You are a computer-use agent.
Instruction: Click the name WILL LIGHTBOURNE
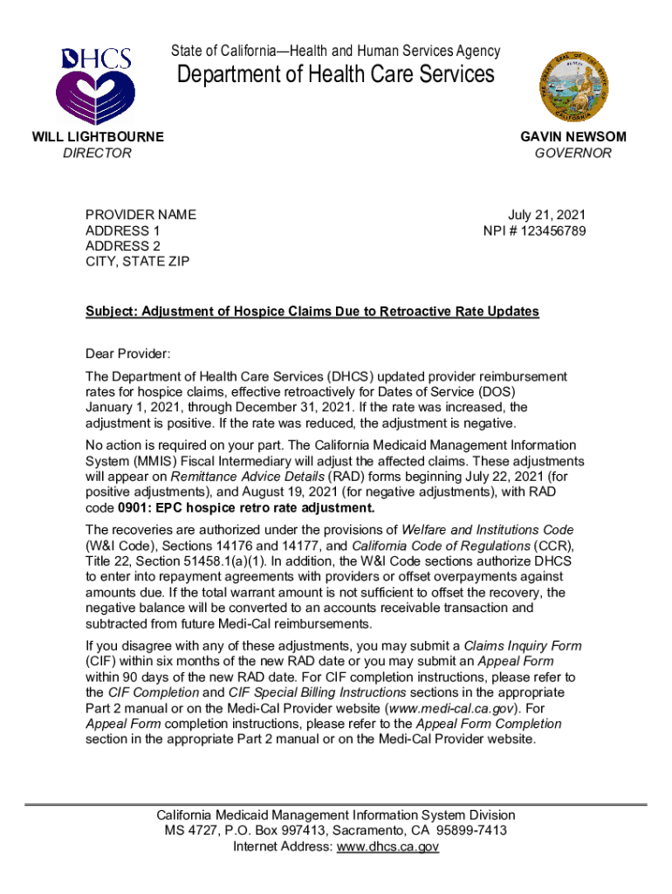pyautogui.click(x=98, y=137)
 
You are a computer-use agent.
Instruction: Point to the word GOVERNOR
pyautogui.click(x=573, y=153)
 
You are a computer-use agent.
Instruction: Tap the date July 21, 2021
pyautogui.click(x=547, y=215)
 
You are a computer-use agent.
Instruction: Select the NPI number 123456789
pyautogui.click(x=555, y=230)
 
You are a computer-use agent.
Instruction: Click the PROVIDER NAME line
pyautogui.click(x=141, y=215)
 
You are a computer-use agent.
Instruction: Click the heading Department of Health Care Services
pyautogui.click(x=336, y=75)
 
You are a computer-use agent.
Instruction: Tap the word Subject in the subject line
pyautogui.click(x=109, y=312)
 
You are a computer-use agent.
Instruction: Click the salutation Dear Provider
pyautogui.click(x=128, y=354)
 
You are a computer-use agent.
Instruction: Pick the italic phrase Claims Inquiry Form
pyautogui.click(x=523, y=645)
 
